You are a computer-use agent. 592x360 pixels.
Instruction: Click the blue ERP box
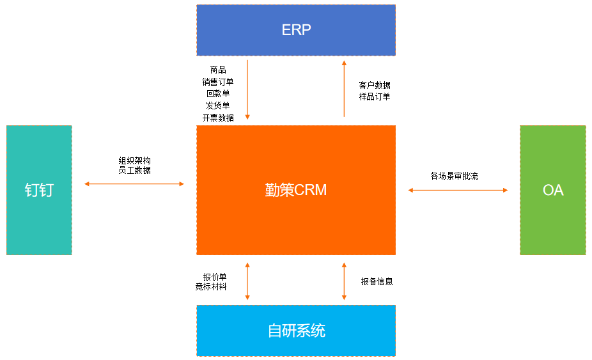[296, 30]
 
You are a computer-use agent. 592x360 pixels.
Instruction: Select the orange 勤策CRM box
[296, 190]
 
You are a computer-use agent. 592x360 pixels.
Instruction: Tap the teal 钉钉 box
[39, 190]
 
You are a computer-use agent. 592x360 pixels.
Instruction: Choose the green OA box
[553, 190]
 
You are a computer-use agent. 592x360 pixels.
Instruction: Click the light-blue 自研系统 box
[296, 331]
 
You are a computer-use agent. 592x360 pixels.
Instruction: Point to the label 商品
[218, 70]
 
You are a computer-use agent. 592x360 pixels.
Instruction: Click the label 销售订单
[218, 82]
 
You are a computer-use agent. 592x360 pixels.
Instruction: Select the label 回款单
[218, 93]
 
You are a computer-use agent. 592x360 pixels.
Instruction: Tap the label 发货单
[218, 106]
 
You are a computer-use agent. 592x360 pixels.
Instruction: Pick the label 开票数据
[218, 118]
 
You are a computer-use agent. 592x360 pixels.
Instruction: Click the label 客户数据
[375, 85]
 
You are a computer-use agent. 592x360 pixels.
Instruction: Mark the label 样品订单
[375, 97]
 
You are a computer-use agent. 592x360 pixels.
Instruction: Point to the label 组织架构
[134, 160]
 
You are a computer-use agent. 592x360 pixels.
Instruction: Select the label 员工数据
[134, 171]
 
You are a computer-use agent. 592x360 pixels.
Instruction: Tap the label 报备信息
[377, 281]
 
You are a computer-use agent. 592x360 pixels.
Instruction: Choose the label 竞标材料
[211, 287]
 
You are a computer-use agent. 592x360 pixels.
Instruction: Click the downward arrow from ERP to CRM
[247, 90]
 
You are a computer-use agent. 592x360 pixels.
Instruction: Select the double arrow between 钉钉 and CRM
[134, 184]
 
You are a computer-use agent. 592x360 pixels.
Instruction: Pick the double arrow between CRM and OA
[458, 190]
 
